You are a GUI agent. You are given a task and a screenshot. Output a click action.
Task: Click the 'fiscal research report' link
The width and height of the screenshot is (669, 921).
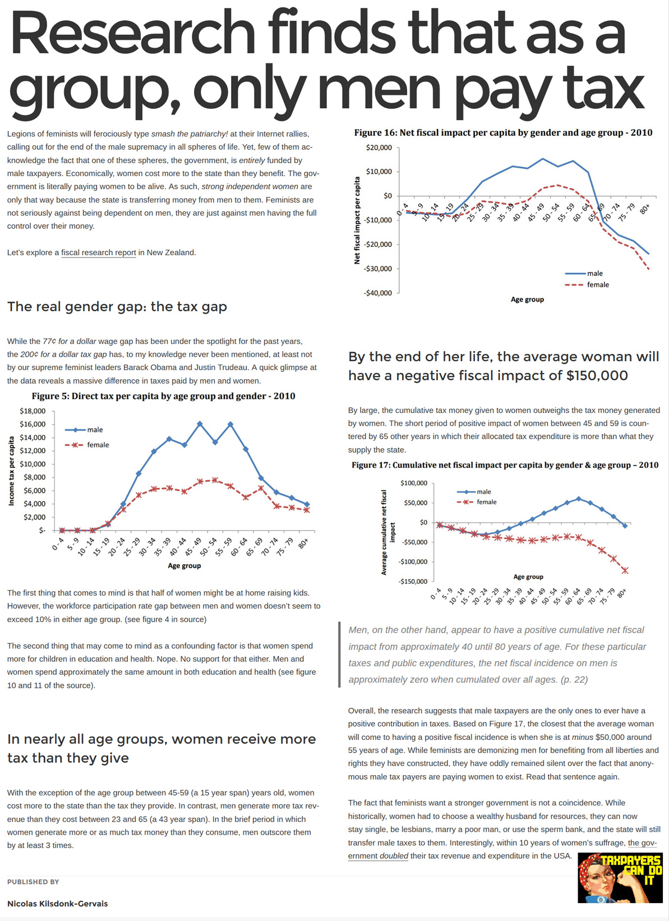pyautogui.click(x=99, y=252)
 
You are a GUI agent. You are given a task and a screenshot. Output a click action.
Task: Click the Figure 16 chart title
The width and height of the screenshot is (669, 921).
pyautogui.click(x=503, y=133)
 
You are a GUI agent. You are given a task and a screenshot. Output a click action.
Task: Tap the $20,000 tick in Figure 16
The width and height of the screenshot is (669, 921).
pyautogui.click(x=379, y=148)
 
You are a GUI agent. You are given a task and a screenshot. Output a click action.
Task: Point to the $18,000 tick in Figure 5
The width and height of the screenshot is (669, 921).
pyautogui.click(x=33, y=411)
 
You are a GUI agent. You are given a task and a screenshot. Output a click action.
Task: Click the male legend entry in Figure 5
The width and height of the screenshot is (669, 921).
pyautogui.click(x=94, y=430)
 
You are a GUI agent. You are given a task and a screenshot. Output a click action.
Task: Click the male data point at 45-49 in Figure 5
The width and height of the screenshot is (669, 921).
pyautogui.click(x=200, y=424)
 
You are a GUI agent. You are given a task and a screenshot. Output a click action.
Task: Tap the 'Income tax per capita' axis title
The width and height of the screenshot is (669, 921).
pyautogui.click(x=12, y=471)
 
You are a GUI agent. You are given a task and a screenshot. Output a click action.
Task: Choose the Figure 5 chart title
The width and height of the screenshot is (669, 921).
pyautogui.click(x=163, y=396)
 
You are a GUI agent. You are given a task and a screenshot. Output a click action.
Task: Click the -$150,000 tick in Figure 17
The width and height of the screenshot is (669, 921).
pyautogui.click(x=413, y=581)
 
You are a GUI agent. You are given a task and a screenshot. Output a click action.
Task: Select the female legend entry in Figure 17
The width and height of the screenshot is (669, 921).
pyautogui.click(x=486, y=502)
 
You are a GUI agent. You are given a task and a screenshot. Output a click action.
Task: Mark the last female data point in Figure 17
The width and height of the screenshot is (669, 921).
pyautogui.click(x=625, y=570)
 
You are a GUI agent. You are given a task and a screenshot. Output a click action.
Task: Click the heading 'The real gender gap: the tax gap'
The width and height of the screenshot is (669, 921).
pyautogui.click(x=117, y=307)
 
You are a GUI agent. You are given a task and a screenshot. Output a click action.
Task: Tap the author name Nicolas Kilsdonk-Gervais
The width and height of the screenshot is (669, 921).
pyautogui.click(x=57, y=904)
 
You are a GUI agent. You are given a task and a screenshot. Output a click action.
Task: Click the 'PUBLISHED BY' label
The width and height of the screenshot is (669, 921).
pyautogui.click(x=33, y=882)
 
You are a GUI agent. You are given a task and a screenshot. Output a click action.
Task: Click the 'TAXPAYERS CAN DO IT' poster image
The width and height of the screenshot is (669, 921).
pyautogui.click(x=620, y=878)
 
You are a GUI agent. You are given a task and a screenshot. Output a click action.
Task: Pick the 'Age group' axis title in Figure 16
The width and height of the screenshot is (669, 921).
pyautogui.click(x=527, y=300)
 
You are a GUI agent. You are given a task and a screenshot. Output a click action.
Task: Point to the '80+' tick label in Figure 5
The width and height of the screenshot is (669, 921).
pyautogui.click(x=303, y=543)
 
